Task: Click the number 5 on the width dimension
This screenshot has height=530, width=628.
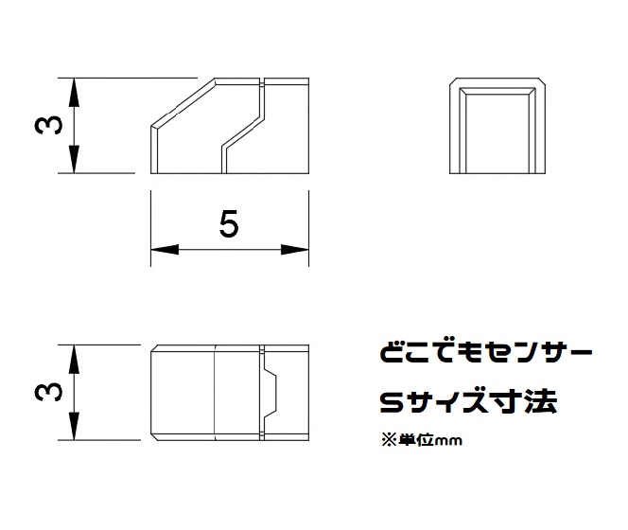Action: click(x=228, y=224)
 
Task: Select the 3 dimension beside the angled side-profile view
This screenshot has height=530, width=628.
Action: click(x=54, y=126)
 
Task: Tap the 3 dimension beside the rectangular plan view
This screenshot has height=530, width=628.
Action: click(x=54, y=391)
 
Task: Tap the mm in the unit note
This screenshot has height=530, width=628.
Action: click(x=447, y=440)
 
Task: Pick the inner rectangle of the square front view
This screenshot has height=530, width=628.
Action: click(x=497, y=132)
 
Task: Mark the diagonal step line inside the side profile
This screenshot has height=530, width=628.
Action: click(x=242, y=132)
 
